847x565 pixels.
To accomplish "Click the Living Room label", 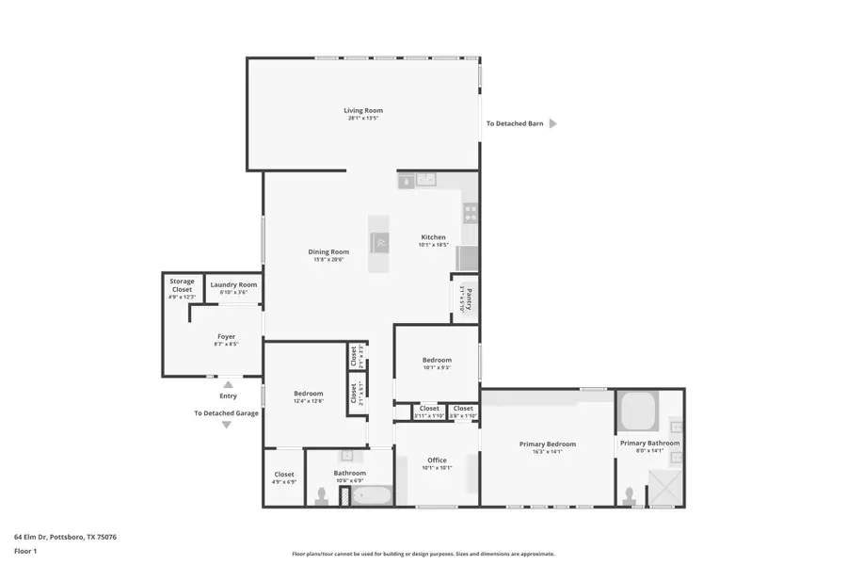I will (363, 111).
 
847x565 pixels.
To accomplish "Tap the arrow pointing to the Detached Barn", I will (553, 123).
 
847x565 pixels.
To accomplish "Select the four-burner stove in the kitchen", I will (470, 212).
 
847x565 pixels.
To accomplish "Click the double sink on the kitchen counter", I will (425, 180).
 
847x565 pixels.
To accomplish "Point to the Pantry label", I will (468, 299).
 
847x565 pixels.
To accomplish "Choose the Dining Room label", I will (328, 251).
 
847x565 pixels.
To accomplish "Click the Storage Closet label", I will (182, 284).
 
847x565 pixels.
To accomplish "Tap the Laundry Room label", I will (233, 284).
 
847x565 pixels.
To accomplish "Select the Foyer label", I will (226, 336).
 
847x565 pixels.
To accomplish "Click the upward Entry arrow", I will (228, 384).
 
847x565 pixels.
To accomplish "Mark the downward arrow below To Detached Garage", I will (226, 425).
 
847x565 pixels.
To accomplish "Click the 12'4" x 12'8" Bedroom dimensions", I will (309, 402).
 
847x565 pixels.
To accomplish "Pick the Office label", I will (437, 460).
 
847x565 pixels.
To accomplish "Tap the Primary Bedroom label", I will (548, 444).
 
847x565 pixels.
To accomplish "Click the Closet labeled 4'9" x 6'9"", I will (284, 475).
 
